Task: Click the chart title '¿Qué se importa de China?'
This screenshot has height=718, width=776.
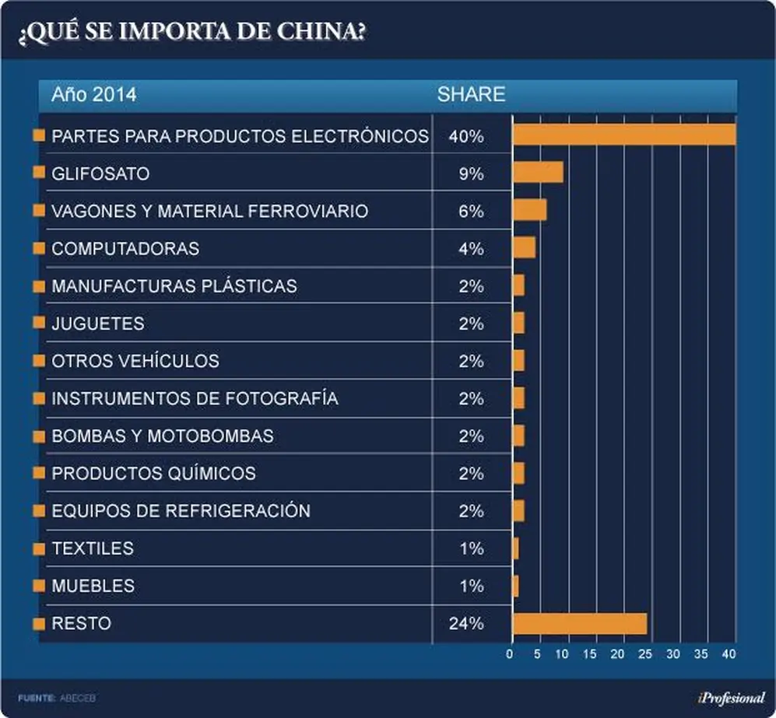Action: coord(192,32)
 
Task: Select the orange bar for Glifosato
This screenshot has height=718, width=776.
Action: coord(538,172)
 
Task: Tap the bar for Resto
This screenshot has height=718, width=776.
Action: coord(580,624)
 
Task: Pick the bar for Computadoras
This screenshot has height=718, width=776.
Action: coord(524,247)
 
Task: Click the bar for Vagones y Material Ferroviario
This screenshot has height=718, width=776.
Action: coord(529,210)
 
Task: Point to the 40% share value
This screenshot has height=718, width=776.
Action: coord(466,136)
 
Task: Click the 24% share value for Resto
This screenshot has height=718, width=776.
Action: coord(466,624)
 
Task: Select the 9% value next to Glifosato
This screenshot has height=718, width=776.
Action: coord(471,173)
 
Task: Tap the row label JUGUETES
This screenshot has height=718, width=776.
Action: coord(98,324)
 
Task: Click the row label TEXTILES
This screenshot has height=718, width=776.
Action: coord(93,548)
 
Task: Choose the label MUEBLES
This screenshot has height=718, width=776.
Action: coord(93,586)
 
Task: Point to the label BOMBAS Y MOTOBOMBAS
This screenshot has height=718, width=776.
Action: coord(163,436)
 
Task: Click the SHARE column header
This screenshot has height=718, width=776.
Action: coord(471,94)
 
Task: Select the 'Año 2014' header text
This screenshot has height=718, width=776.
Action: coord(94,94)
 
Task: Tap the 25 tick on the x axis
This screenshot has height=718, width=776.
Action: coord(645,654)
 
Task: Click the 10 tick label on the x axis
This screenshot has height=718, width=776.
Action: coord(562,654)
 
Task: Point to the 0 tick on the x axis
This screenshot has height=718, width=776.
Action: coord(510,654)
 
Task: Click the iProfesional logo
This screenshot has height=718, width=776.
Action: coord(732,698)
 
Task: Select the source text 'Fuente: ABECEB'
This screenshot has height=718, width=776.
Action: coord(56,699)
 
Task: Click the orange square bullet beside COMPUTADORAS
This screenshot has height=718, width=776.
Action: coord(39,247)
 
